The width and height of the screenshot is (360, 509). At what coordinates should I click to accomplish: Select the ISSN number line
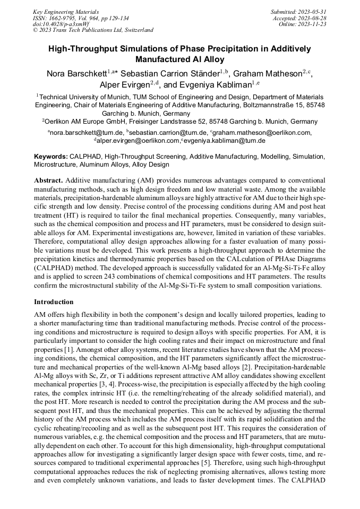(81, 18)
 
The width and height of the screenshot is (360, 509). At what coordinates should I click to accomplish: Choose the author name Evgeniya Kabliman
(212, 84)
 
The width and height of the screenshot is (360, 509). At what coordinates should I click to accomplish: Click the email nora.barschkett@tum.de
(85, 133)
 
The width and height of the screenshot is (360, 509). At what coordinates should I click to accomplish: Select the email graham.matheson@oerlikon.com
(262, 133)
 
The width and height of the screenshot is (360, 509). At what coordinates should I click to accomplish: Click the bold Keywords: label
(51, 157)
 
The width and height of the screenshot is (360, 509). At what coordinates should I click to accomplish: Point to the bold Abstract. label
(48, 180)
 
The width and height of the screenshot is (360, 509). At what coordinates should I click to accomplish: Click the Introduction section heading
(54, 301)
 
